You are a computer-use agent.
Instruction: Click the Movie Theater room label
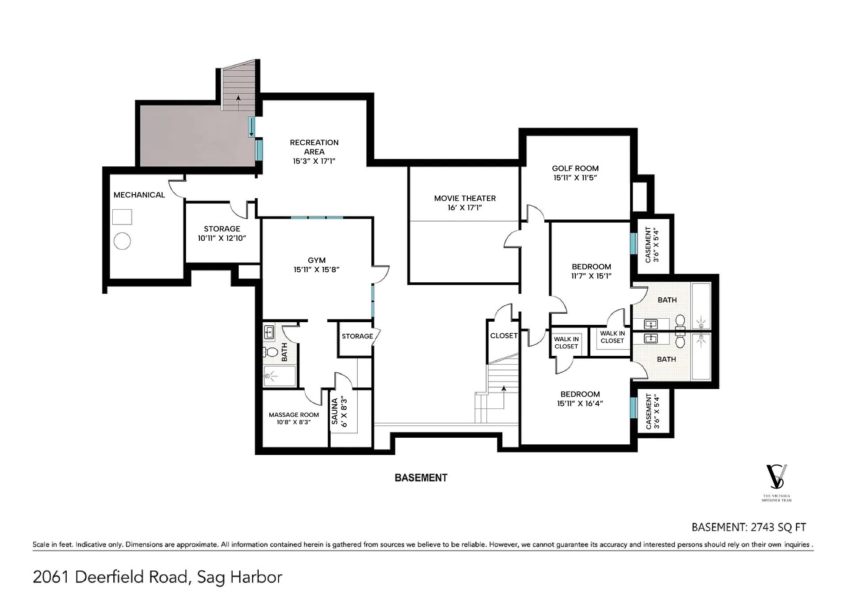click(x=465, y=198)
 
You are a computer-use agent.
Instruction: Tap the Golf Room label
click(x=575, y=168)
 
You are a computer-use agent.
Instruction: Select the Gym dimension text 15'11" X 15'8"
click(x=317, y=269)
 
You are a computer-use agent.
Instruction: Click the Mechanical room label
click(x=139, y=195)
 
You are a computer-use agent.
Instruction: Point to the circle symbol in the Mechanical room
click(x=122, y=241)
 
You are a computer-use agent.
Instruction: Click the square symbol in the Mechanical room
click(x=122, y=217)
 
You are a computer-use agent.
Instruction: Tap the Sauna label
click(x=335, y=412)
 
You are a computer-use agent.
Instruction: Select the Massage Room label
click(x=294, y=415)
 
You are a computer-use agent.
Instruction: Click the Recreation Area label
click(x=314, y=147)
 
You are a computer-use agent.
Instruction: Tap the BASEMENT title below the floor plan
click(x=421, y=478)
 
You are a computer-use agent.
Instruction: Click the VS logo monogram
click(x=776, y=477)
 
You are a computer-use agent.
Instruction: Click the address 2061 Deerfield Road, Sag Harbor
click(x=157, y=577)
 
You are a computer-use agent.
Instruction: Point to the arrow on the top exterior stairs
click(x=238, y=103)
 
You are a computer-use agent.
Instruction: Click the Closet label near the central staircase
click(x=504, y=336)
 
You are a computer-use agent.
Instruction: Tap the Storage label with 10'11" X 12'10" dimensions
click(x=222, y=233)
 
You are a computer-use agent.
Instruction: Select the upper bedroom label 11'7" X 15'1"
click(x=591, y=271)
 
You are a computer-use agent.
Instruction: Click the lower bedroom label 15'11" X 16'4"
click(x=580, y=398)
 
